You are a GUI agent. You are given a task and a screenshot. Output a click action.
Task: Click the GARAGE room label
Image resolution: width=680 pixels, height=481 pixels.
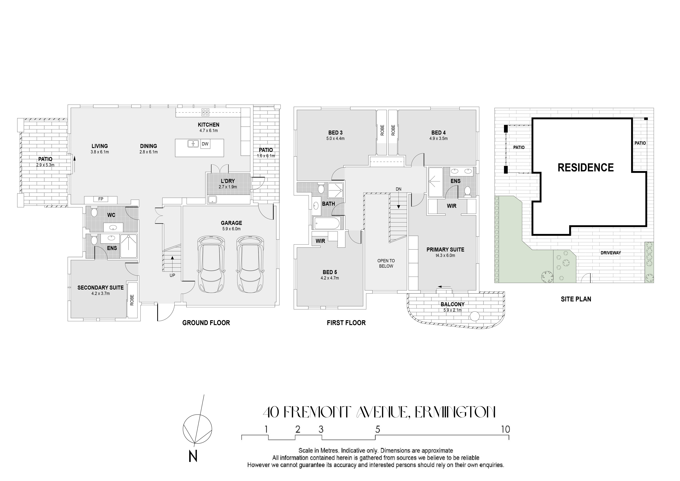[x=231, y=223]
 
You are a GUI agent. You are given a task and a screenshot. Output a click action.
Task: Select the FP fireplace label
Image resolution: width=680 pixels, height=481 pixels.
[x=101, y=199]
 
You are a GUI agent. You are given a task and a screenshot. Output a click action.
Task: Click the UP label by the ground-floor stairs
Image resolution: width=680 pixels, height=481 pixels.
[x=172, y=275]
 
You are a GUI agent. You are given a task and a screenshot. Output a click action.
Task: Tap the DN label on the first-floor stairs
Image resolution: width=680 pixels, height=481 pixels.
[x=399, y=189]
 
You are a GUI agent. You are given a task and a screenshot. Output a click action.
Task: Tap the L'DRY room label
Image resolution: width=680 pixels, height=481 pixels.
[x=228, y=181]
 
